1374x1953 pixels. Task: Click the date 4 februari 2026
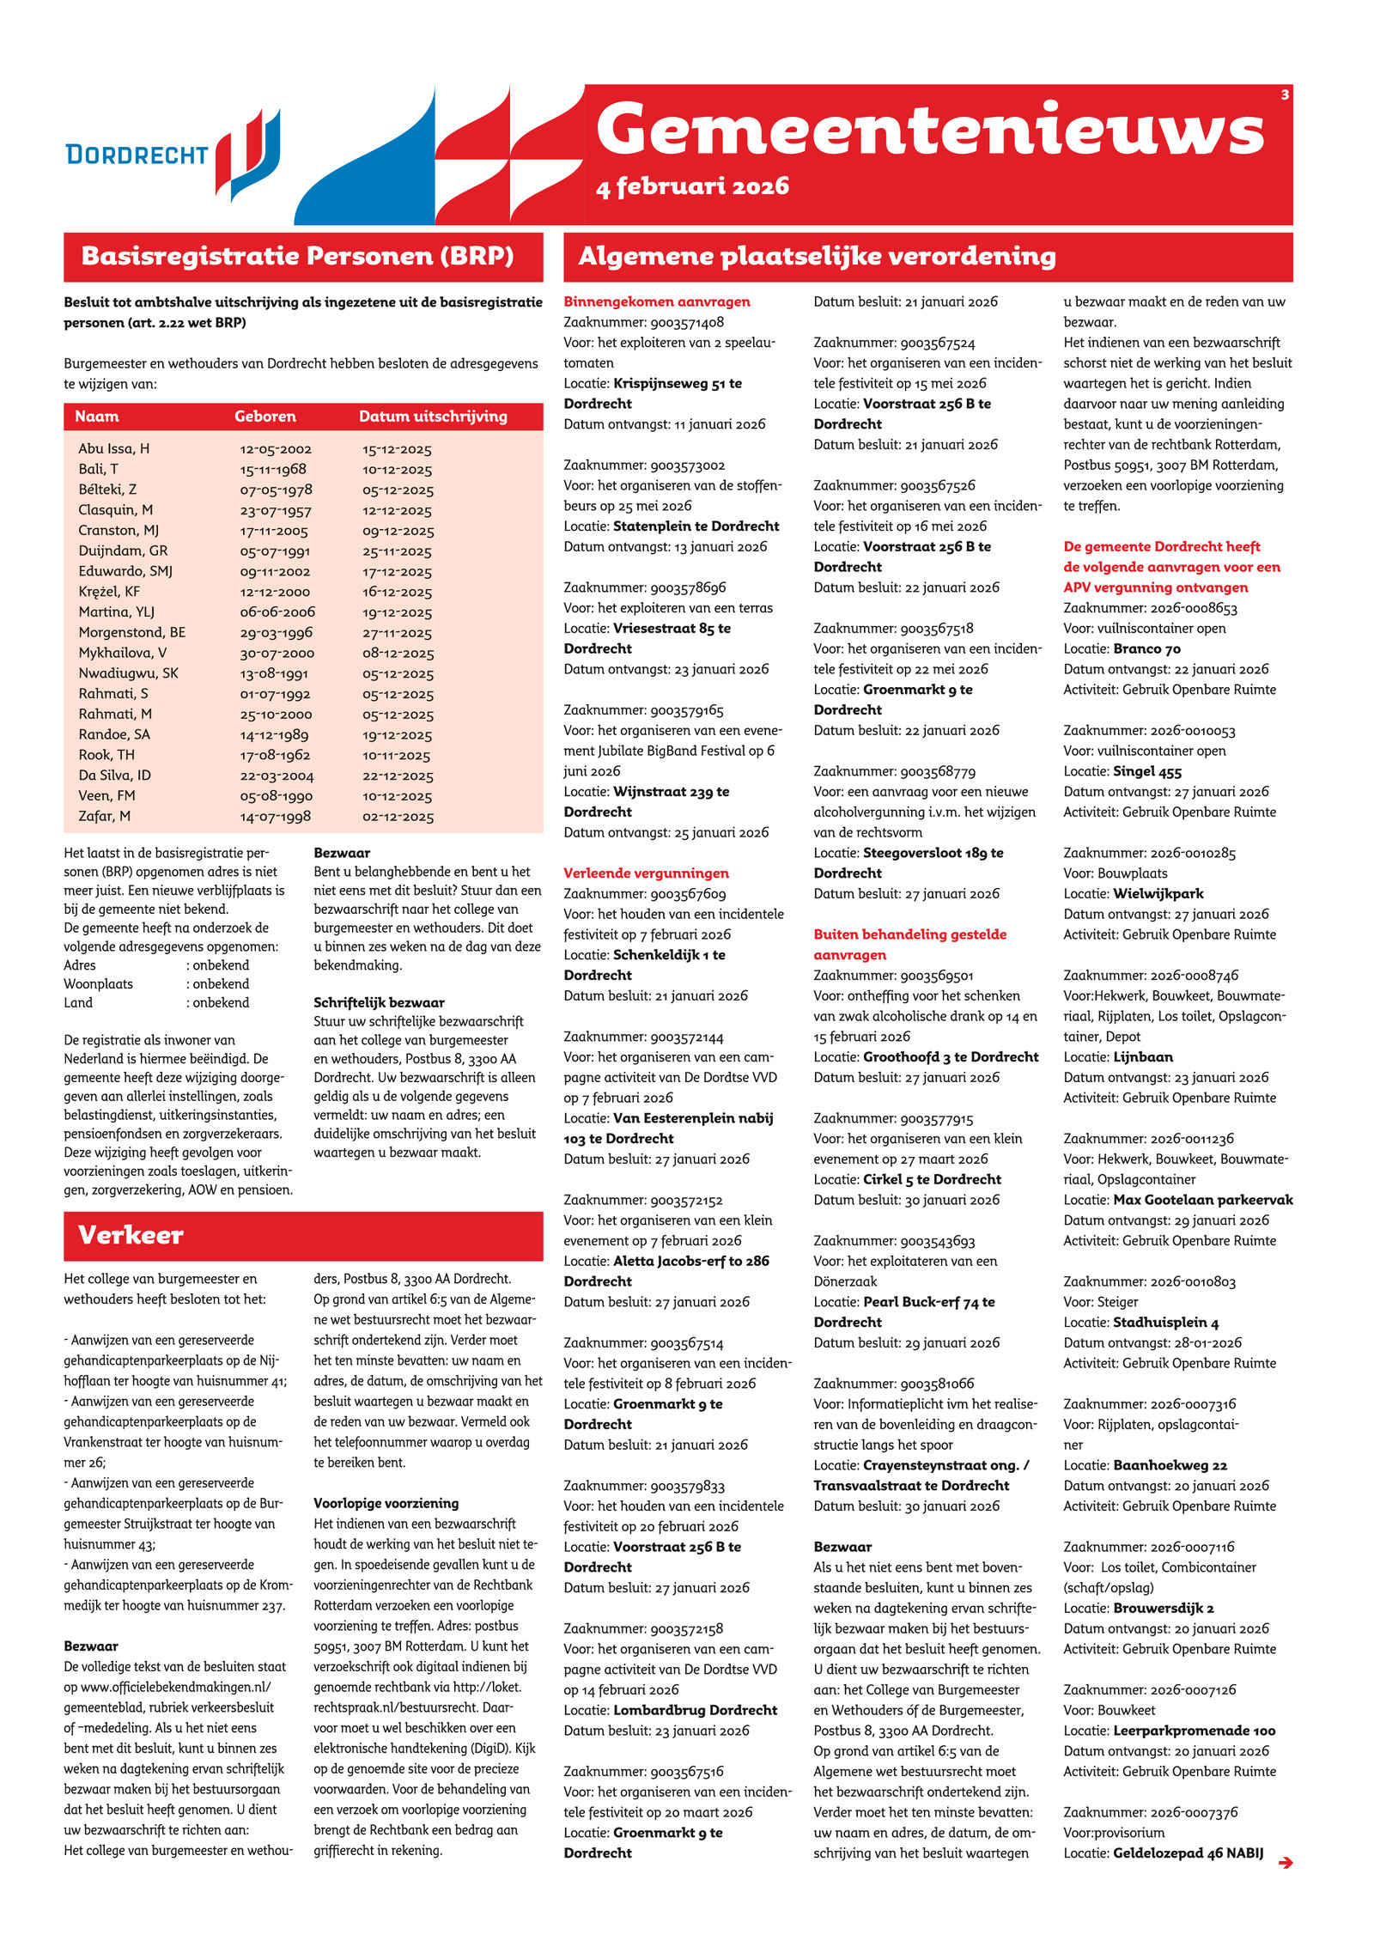(x=692, y=186)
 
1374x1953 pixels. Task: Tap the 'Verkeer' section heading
(x=131, y=1235)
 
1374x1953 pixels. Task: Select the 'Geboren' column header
(x=264, y=417)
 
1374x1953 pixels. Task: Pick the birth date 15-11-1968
(x=273, y=469)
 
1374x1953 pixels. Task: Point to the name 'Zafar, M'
(x=104, y=816)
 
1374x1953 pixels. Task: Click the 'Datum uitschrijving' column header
(x=433, y=417)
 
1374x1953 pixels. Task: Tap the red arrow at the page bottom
(x=1285, y=1862)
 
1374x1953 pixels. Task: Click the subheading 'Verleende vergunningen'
(x=646, y=873)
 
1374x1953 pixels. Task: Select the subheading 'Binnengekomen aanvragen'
(x=657, y=301)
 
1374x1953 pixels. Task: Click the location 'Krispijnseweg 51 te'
(x=678, y=383)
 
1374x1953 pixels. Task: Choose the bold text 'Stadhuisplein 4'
(x=1165, y=1323)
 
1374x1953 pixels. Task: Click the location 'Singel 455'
(x=1147, y=771)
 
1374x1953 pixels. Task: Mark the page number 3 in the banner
(x=1285, y=94)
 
